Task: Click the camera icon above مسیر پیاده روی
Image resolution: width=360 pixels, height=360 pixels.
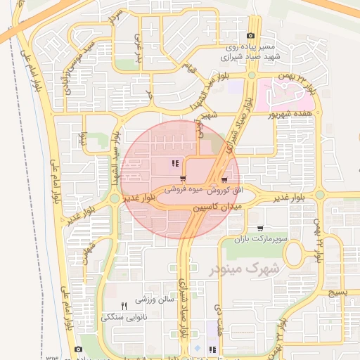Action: [x=251, y=36]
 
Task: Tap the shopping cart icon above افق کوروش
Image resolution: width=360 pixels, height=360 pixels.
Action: [x=224, y=180]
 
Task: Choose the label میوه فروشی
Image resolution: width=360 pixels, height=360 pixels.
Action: [x=183, y=190]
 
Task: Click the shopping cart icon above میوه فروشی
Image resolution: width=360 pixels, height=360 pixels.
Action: [x=183, y=179]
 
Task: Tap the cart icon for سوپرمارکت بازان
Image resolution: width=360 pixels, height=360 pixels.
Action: [x=261, y=228]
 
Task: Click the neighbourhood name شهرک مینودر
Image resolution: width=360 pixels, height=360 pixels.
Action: [x=245, y=268]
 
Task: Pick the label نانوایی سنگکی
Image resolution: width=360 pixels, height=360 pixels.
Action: [x=124, y=316]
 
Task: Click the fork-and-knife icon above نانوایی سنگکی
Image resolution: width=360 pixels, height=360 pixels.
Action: [x=124, y=305]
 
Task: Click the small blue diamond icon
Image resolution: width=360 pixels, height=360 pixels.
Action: [x=197, y=348]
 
